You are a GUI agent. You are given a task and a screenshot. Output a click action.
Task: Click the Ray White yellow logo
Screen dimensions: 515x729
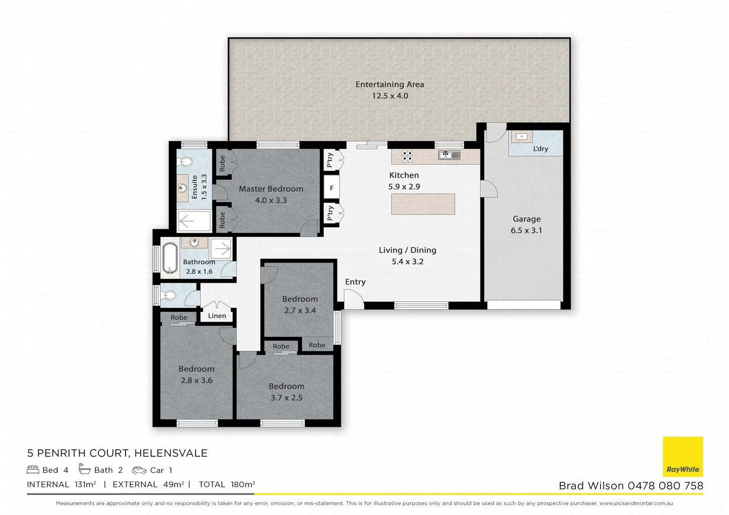coord(683,456)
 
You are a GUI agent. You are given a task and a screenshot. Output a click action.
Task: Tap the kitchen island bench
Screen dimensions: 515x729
coord(423,204)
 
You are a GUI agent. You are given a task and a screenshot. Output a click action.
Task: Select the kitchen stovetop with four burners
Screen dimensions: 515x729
coord(407,156)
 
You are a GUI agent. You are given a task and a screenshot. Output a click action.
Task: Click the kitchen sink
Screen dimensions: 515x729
coord(449,155)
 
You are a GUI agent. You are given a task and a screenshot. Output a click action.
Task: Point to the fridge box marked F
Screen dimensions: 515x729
coord(332,188)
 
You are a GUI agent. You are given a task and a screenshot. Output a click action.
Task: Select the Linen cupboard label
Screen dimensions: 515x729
coord(217,316)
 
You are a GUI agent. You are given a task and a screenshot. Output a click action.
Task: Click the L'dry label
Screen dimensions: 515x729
coord(541,149)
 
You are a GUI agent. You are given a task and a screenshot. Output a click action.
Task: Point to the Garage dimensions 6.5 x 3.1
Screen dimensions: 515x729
coord(526,230)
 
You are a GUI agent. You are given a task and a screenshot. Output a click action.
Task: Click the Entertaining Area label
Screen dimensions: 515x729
coord(389,84)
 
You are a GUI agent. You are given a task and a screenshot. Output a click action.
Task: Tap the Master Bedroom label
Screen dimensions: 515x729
coord(271,189)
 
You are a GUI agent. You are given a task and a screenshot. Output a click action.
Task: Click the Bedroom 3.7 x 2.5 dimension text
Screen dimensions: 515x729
coord(286,398)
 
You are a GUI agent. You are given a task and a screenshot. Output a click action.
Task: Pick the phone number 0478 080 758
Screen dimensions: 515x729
coord(665,486)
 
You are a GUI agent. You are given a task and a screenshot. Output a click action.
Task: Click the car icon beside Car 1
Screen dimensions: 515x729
coord(139,470)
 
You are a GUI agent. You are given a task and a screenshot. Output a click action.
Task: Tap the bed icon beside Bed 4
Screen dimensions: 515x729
coord(33,470)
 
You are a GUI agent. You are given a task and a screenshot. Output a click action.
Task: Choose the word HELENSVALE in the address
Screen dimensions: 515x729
coord(171,453)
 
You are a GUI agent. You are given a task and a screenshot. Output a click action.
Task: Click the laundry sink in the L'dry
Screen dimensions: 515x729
coord(521,137)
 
